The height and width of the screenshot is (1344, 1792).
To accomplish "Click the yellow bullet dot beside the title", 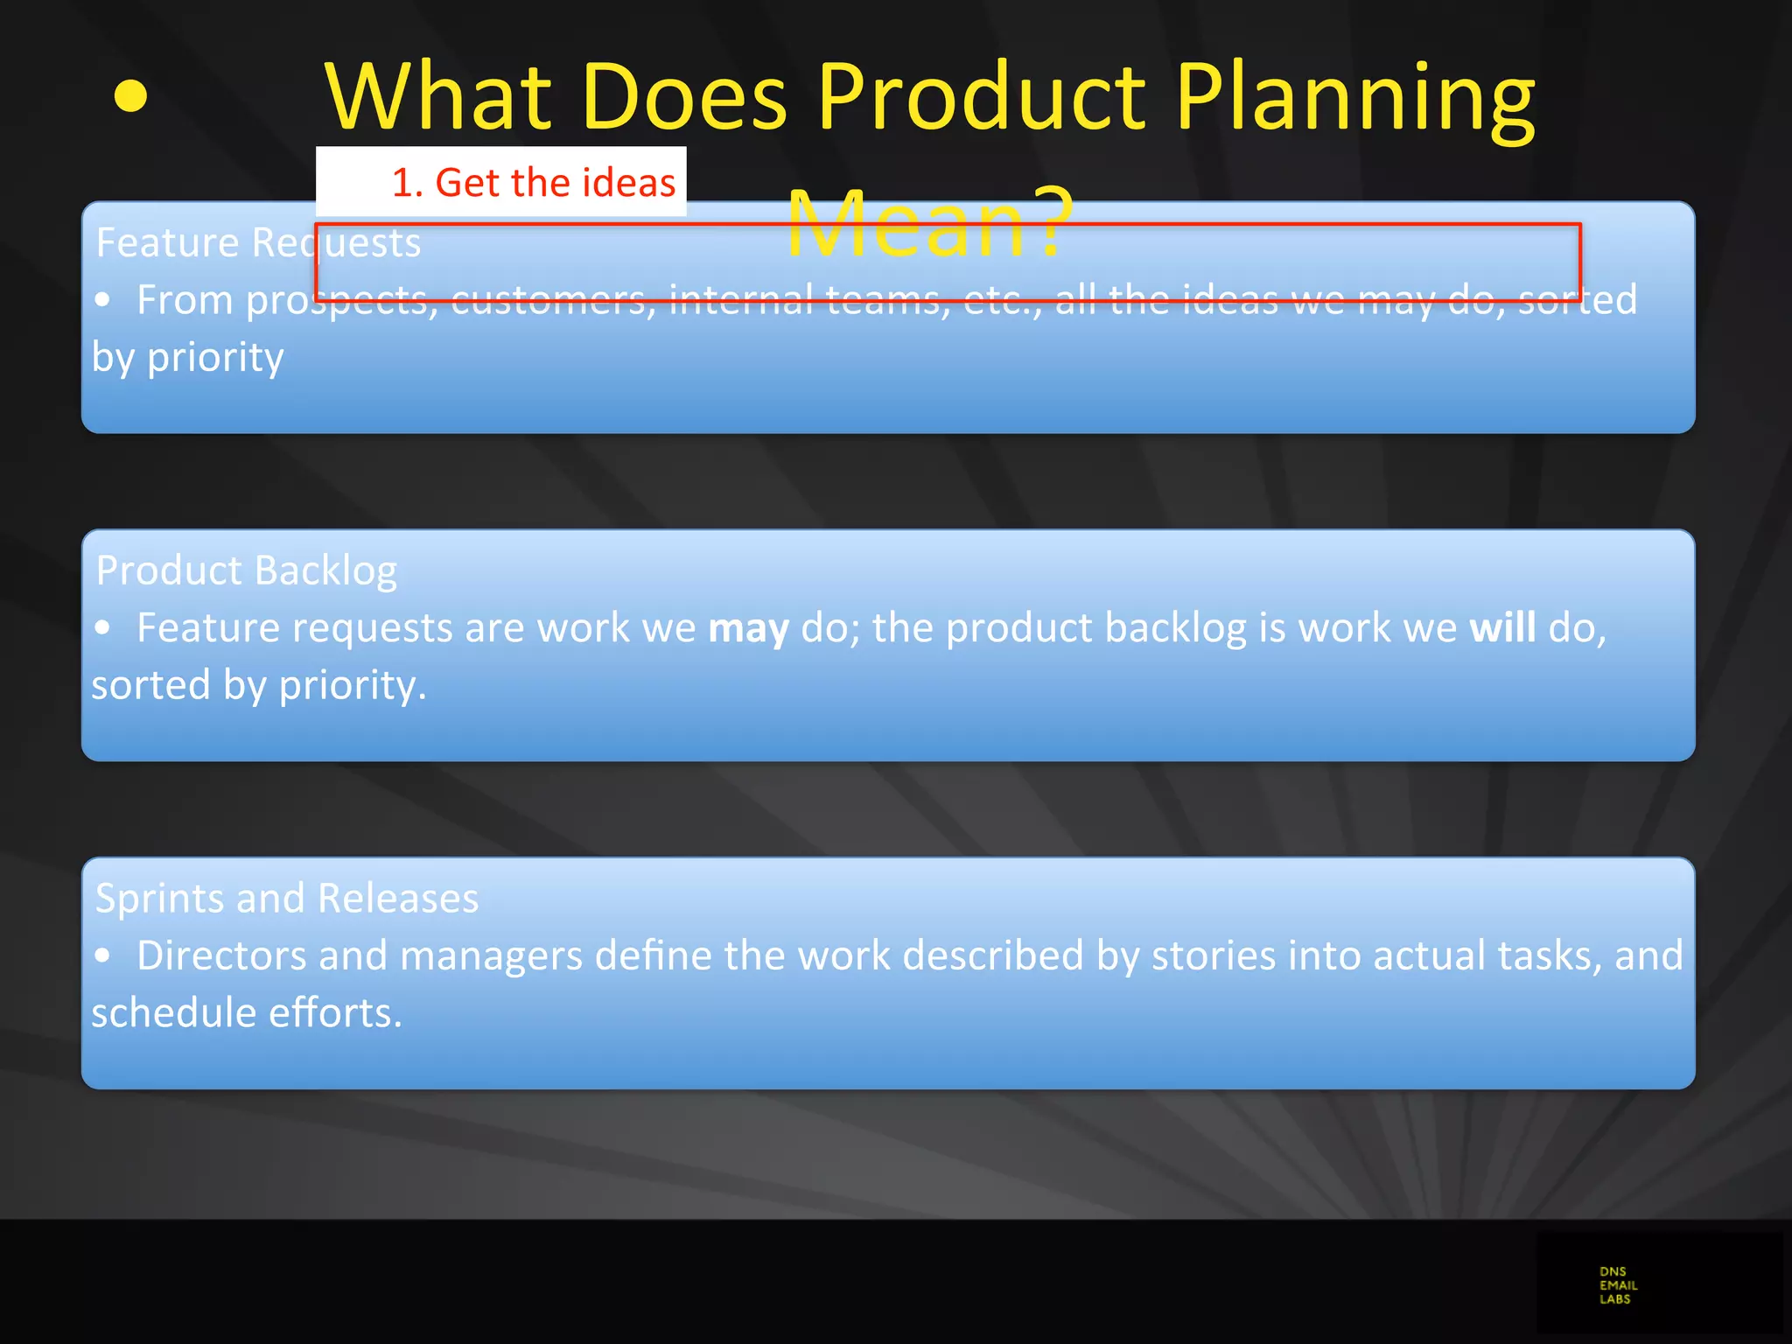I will point(130,96).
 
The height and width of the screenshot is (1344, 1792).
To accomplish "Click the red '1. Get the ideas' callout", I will point(533,183).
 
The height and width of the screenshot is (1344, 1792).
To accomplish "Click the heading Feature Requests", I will point(258,242).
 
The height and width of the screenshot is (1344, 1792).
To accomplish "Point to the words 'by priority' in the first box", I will point(188,357).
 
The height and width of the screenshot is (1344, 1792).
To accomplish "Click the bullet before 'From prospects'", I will point(103,300).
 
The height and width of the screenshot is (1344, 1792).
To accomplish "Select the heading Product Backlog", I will point(246,570).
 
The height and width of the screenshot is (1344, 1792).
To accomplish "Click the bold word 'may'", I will point(748,628).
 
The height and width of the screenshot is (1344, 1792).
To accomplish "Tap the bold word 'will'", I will point(1502,628).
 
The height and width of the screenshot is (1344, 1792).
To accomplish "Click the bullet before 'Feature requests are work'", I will point(103,628).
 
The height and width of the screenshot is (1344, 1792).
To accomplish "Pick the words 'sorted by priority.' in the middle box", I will point(259,685).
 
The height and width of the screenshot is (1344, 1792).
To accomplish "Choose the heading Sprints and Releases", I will point(287,899).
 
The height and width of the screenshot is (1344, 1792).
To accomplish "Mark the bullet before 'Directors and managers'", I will point(103,955).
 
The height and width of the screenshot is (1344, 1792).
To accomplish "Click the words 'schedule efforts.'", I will point(247,1013).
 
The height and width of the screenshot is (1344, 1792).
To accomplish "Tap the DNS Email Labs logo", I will point(1618,1285).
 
